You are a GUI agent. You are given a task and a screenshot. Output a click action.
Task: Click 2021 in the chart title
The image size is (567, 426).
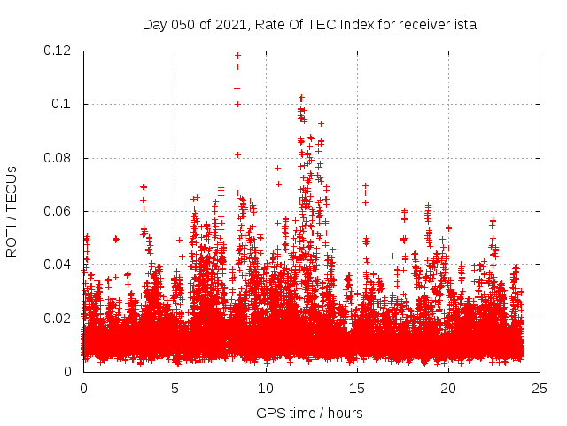(232, 25)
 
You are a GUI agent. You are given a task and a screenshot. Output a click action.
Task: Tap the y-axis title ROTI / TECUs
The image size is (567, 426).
(12, 211)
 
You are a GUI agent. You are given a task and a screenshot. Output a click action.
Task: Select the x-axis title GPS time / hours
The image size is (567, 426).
(309, 414)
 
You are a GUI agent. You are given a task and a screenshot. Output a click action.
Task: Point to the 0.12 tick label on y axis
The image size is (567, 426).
(59, 51)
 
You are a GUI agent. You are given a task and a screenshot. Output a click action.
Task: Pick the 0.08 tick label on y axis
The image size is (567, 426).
(59, 158)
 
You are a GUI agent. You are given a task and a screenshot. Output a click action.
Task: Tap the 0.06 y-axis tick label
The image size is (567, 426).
(59, 211)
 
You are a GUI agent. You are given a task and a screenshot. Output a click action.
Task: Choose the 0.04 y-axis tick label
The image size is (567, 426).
(59, 264)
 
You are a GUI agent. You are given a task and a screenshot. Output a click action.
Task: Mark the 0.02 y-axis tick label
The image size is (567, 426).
(59, 319)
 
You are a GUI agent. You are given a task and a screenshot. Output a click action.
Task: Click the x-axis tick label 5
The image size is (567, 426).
(175, 388)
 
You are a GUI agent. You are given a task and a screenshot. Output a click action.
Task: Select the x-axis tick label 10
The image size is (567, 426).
(266, 388)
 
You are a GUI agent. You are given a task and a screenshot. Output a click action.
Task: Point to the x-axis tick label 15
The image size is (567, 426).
(357, 388)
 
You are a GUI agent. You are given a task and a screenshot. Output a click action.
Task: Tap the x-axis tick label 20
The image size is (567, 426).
(448, 388)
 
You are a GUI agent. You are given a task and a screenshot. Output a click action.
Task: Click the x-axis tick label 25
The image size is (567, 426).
(540, 388)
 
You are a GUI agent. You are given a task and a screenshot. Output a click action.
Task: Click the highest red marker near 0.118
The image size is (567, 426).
(237, 55)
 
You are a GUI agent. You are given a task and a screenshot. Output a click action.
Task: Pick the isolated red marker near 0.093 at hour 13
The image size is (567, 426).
(321, 123)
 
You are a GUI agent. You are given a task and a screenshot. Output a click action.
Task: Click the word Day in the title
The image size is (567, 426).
(154, 25)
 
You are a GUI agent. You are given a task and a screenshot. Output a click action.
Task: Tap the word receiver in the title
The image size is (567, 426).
(422, 25)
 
